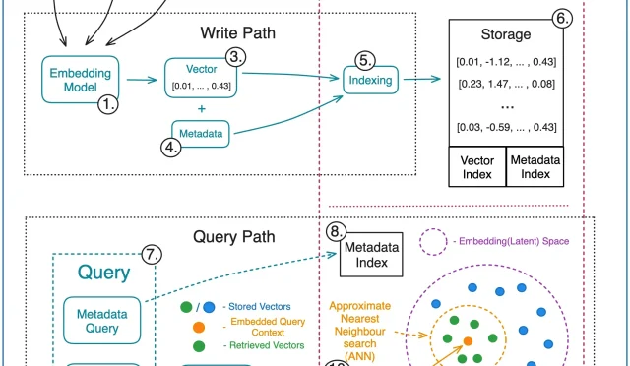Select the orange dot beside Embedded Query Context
pos(199,325)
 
